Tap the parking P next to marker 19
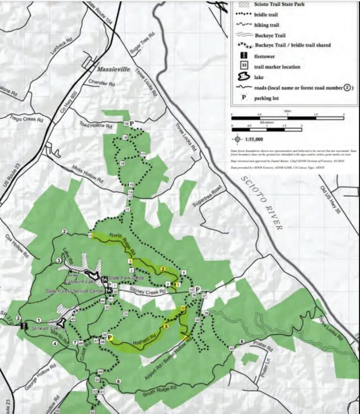click(132, 123)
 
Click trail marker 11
click(127, 209)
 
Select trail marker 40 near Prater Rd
click(232, 348)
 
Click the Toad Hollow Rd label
click(96, 126)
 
